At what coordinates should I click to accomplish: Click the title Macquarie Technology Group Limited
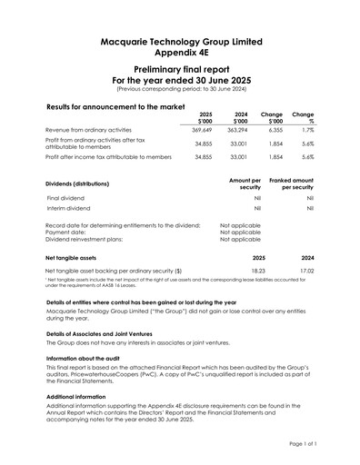coord(179,42)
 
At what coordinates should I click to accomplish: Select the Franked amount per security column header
coord(287,184)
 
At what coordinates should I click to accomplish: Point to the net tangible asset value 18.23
coord(258,271)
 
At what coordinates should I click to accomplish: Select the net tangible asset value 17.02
coord(306,271)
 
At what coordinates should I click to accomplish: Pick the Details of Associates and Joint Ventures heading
coord(112,335)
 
